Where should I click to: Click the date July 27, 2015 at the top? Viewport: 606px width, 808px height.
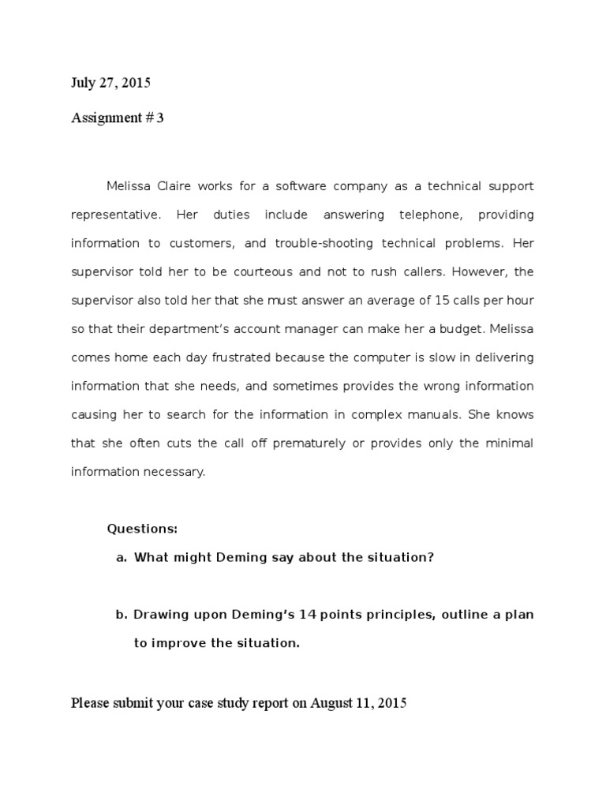pos(110,82)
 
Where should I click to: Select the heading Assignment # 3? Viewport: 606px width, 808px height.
pos(118,118)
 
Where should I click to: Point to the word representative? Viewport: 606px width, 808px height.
pos(114,215)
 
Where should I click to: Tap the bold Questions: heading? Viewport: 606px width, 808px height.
pos(143,529)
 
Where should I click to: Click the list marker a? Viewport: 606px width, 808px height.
pos(122,557)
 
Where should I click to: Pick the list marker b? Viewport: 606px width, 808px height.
pos(122,614)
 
